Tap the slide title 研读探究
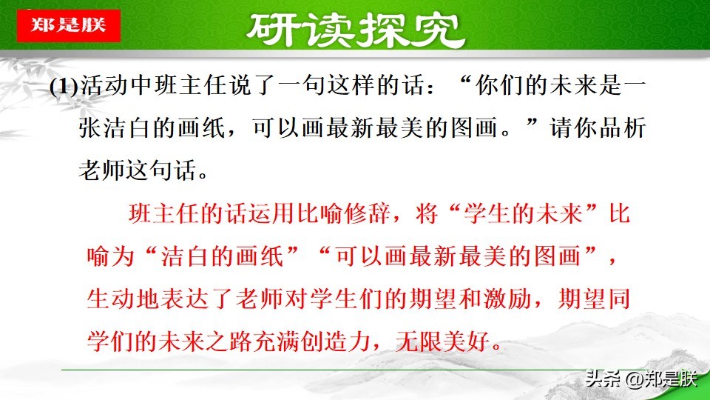355,29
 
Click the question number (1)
64,86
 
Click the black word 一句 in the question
315,86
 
